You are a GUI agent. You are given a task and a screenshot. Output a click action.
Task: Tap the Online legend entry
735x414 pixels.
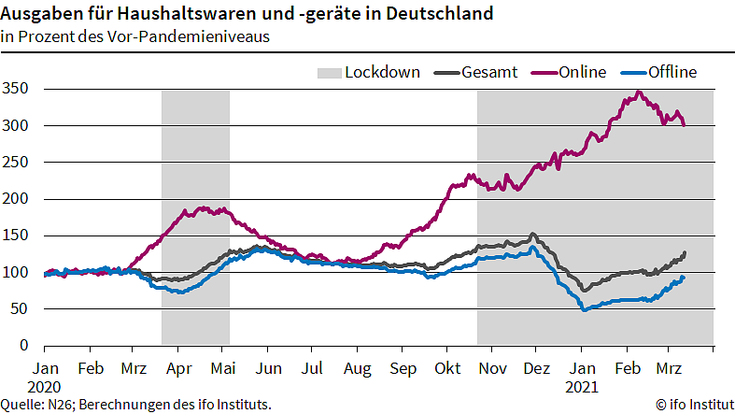(583, 72)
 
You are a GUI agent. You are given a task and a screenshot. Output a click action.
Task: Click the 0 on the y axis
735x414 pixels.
(26, 346)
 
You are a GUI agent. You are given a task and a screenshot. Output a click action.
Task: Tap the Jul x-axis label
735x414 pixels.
(312, 368)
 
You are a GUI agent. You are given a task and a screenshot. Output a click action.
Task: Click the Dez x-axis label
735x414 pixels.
(537, 368)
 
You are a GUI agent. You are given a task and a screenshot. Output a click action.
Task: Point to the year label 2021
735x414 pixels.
(581, 385)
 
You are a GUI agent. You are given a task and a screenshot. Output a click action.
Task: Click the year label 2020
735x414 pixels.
(45, 385)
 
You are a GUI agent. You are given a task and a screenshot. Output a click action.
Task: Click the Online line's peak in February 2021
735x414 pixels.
(638, 92)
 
